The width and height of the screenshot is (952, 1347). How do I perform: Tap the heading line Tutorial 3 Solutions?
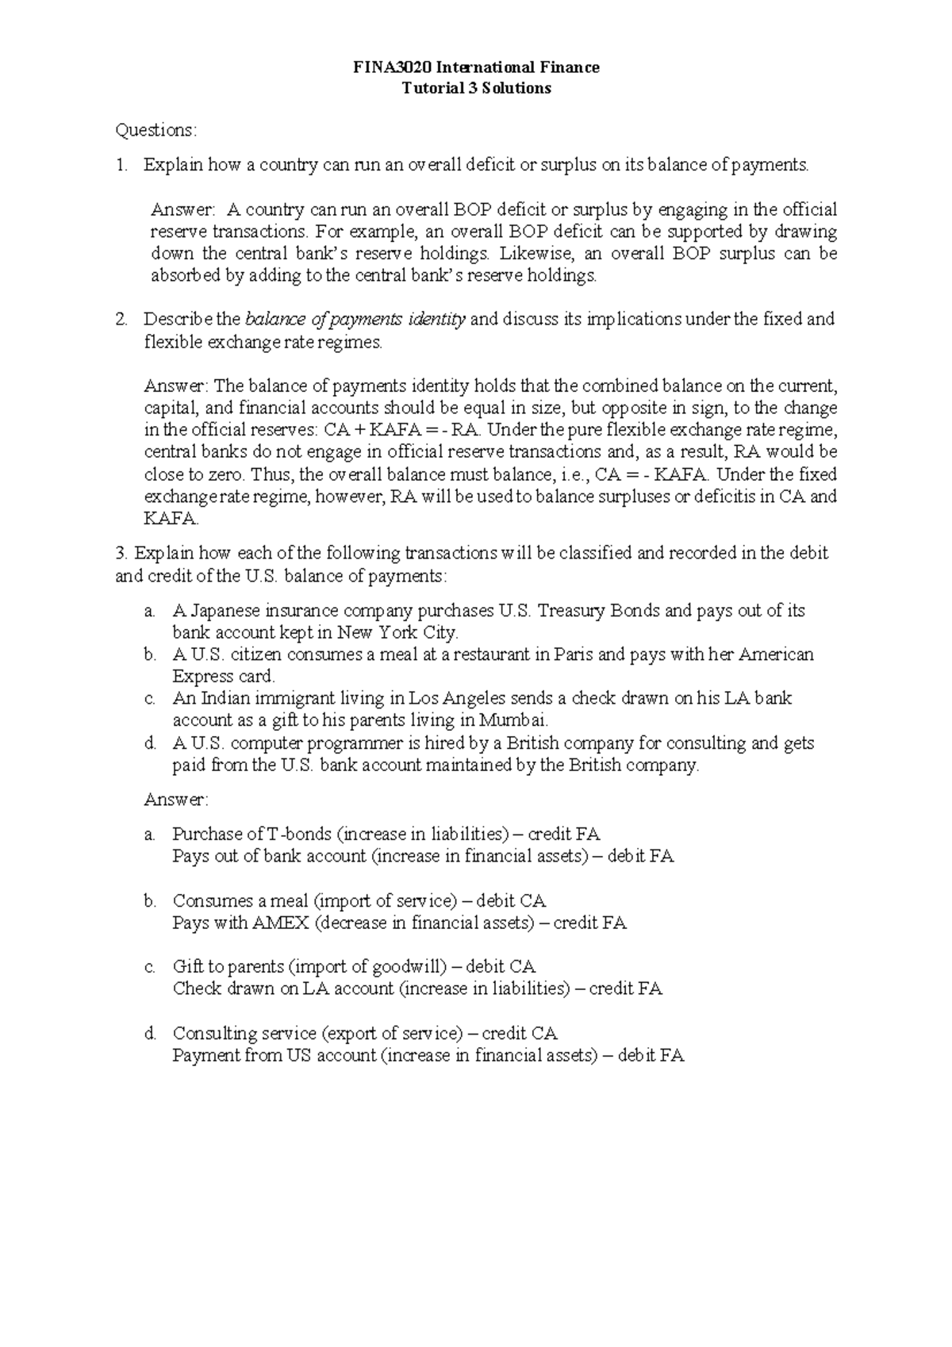pos(476,88)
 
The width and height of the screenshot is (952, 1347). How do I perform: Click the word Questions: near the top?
pos(155,130)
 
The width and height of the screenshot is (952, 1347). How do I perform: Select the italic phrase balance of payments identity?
pos(355,320)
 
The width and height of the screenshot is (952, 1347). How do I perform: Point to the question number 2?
pos(121,320)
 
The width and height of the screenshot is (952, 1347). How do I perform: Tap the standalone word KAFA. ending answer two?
pos(171,520)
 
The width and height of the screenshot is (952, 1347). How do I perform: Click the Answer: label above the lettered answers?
pos(176,800)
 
